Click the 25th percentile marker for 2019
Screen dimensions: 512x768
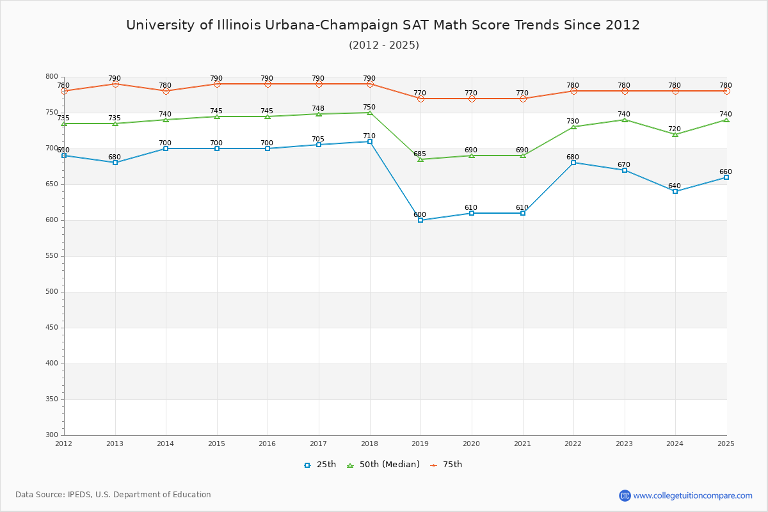coord(420,220)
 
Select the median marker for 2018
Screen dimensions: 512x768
coord(370,113)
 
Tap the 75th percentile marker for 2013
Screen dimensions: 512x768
coord(115,84)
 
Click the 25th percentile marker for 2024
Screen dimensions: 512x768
coord(675,191)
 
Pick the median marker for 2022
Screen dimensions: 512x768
coord(573,127)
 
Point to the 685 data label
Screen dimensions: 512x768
coord(420,154)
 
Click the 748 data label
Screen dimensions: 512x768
coord(318,109)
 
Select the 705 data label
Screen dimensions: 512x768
coord(318,140)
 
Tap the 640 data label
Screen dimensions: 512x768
coord(675,186)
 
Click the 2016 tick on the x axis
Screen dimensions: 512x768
coord(267,444)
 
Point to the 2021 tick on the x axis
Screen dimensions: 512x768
coord(522,444)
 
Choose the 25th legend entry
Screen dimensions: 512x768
coord(320,465)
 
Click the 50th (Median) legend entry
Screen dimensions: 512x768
coord(383,465)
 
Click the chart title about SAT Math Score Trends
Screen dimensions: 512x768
coord(383,25)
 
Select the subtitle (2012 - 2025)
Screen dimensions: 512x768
coord(384,45)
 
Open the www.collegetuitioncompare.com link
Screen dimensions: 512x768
coord(692,495)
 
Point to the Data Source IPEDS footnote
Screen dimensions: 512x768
coord(113,495)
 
